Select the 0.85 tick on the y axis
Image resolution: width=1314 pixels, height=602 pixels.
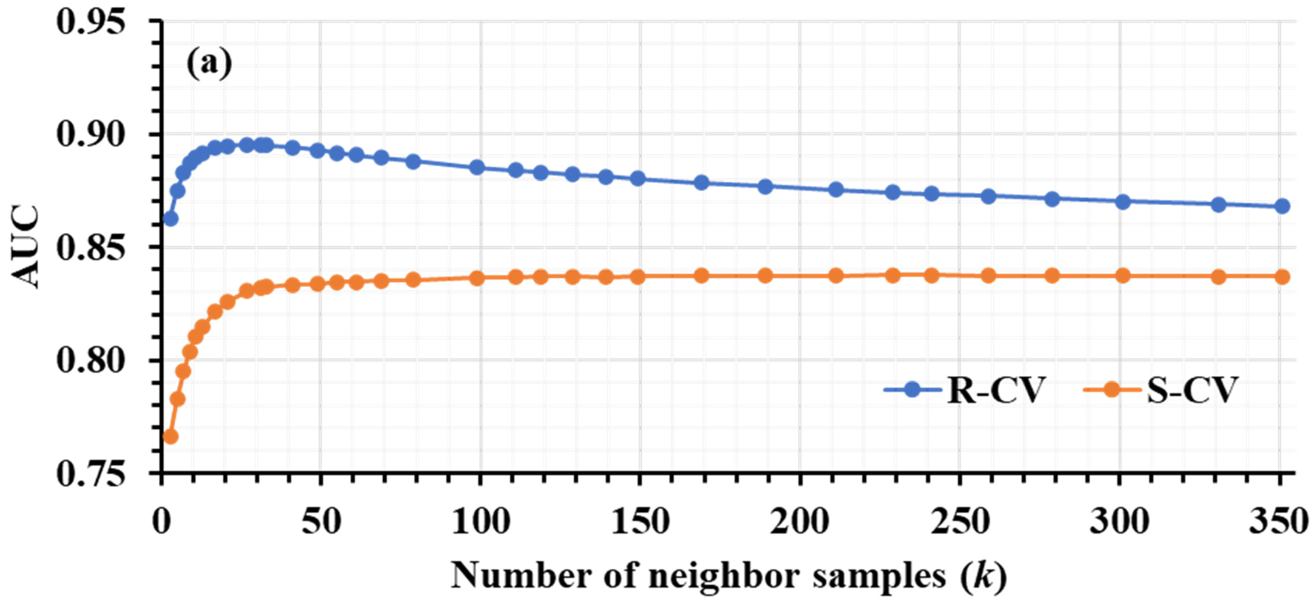point(91,249)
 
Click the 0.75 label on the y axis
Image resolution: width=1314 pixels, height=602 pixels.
point(91,474)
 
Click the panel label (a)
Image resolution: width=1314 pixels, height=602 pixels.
point(209,64)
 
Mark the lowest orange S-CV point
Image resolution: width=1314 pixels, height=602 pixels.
point(170,437)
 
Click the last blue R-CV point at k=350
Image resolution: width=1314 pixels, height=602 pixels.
point(1282,206)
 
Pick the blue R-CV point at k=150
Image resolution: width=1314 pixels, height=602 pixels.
point(638,179)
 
